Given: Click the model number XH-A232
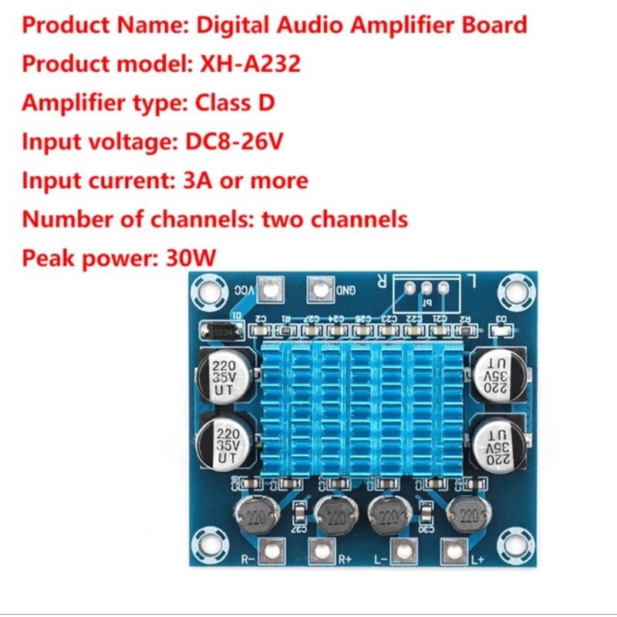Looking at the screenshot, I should click(251, 63).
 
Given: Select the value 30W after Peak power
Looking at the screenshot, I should click(191, 257).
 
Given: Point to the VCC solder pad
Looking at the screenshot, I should click(268, 290).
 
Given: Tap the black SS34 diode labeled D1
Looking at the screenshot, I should click(221, 331).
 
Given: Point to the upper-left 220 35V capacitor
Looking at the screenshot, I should click(224, 376).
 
